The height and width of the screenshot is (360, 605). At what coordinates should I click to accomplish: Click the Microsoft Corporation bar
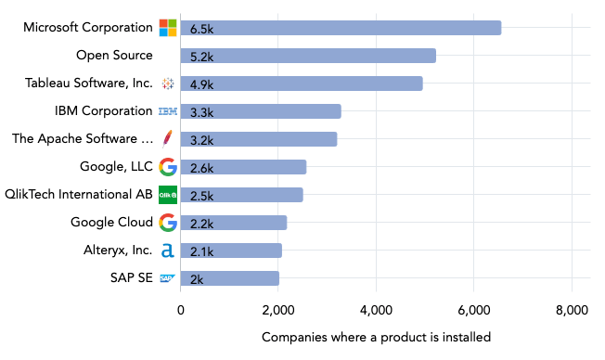tap(341, 28)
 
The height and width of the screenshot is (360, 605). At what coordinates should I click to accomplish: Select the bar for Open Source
tap(308, 56)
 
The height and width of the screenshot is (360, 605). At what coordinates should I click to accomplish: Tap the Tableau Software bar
tap(302, 84)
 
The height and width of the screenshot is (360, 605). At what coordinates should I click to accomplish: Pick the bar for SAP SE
tap(229, 278)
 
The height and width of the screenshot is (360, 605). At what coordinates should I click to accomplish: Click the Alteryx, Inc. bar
tap(231, 251)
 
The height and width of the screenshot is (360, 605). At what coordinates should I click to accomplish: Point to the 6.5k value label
tap(202, 29)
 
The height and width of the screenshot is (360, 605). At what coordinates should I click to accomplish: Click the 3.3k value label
tap(202, 112)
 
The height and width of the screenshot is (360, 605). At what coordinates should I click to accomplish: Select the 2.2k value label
tap(202, 224)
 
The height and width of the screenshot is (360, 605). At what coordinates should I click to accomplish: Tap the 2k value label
tap(197, 279)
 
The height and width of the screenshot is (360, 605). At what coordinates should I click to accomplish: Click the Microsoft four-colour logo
tap(168, 28)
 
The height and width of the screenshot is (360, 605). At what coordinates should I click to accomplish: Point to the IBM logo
tap(168, 111)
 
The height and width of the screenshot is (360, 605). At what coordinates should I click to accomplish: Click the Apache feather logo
tap(168, 139)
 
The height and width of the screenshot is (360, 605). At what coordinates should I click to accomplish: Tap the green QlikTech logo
tap(168, 195)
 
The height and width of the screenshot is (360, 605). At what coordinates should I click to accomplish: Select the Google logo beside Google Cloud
tap(168, 223)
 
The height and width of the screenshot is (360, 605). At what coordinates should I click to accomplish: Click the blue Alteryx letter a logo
tap(168, 251)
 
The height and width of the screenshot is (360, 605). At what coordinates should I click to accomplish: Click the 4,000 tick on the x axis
tap(376, 310)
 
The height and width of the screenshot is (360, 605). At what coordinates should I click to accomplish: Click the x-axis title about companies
tap(376, 337)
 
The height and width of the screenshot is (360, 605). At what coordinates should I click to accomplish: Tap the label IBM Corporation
tap(104, 111)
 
